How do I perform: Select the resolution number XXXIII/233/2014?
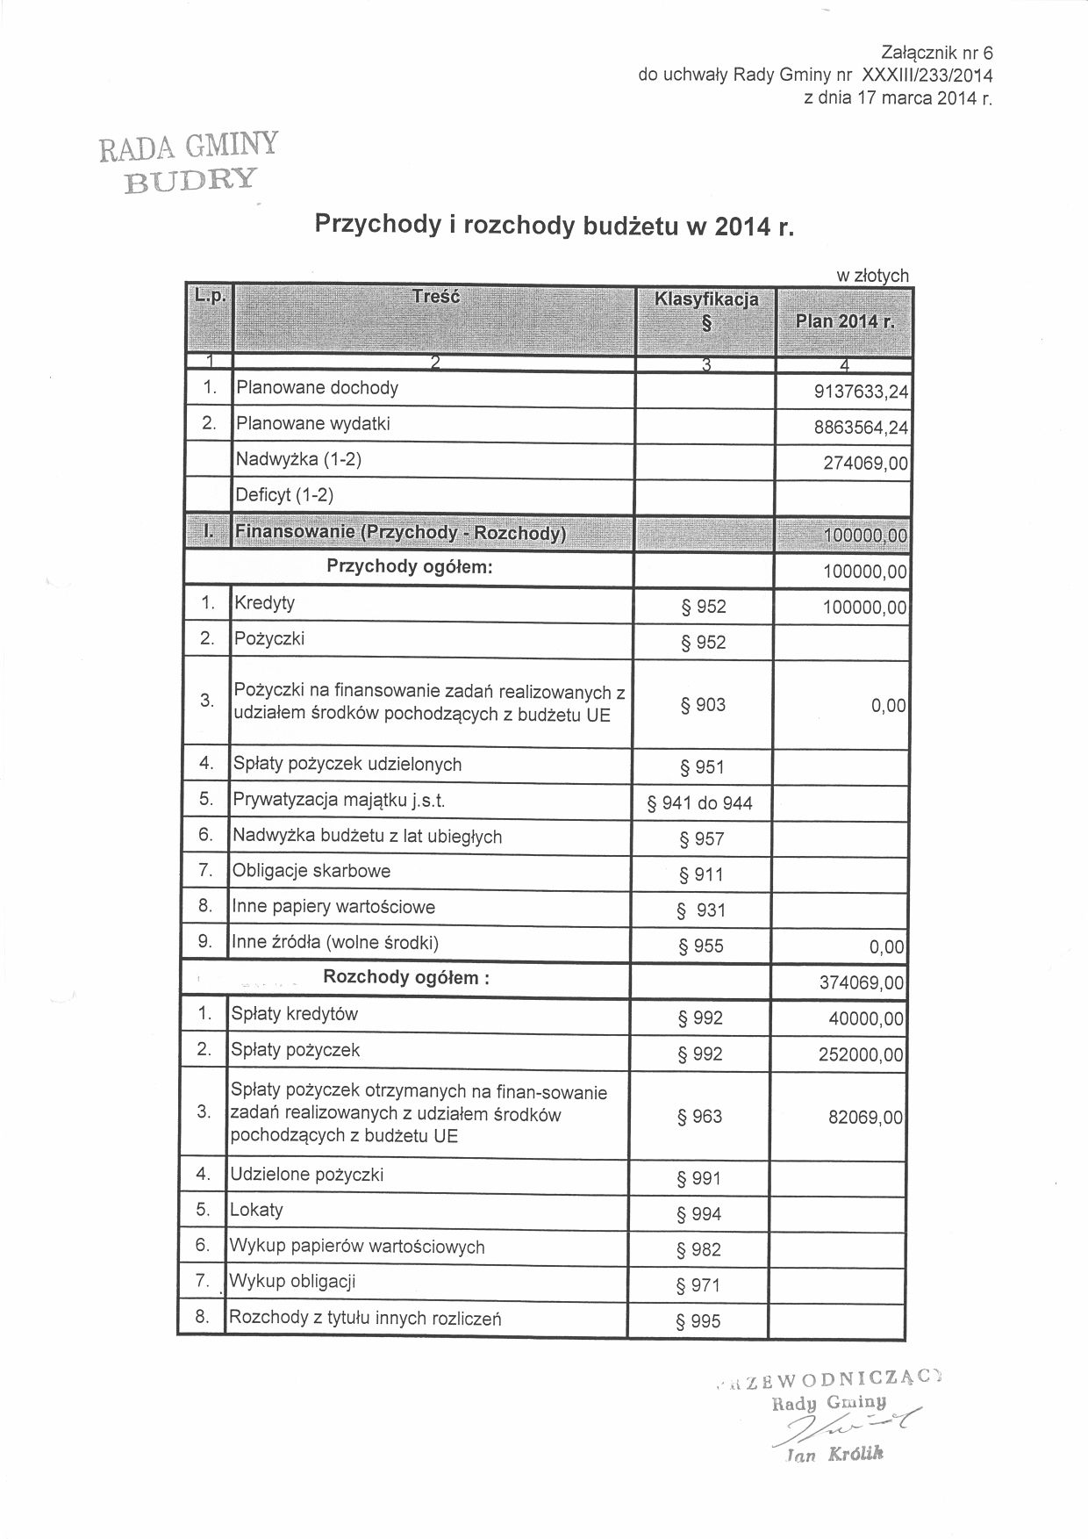pos(927,76)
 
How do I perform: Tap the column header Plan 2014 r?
pos(844,321)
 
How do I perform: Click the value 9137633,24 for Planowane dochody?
pos(861,392)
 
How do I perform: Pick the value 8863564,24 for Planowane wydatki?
pos(861,428)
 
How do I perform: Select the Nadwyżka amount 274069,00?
pos(865,464)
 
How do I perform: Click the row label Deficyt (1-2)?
pos(285,495)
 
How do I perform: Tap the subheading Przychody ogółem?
pos(410,566)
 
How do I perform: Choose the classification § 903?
pos(703,705)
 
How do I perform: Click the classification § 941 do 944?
pos(699,802)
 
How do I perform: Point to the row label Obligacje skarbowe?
pos(311,871)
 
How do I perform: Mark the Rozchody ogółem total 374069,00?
pos(860,983)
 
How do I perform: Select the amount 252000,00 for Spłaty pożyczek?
pos(860,1054)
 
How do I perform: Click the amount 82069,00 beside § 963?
pos(864,1118)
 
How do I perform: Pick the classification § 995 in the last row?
pos(698,1321)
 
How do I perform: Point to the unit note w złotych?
pos(872,276)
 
